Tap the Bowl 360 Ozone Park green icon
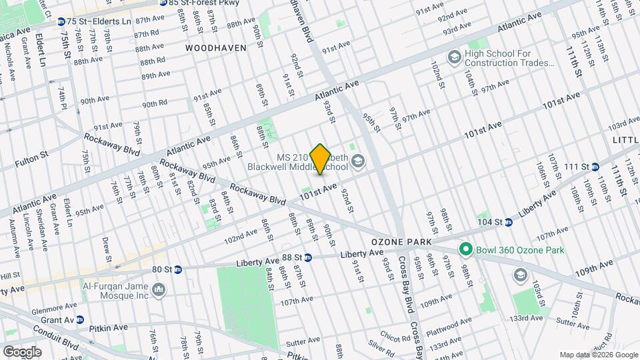(x=467, y=251)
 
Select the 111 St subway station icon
(x=595, y=166)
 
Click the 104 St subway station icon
(x=508, y=222)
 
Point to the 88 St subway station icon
(x=308, y=257)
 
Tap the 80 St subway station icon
(x=177, y=269)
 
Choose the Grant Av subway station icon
(x=80, y=319)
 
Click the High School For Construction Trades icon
(x=454, y=57)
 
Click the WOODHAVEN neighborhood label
(x=215, y=48)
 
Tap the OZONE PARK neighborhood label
(x=399, y=241)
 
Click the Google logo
(x=21, y=351)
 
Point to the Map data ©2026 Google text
(x=598, y=354)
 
